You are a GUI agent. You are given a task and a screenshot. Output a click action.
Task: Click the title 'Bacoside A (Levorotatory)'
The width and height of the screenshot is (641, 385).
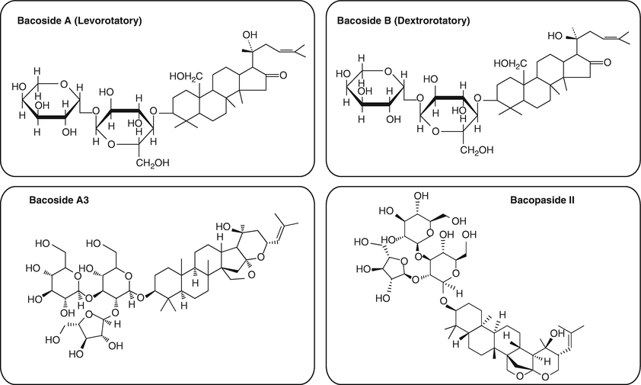[79, 19]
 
